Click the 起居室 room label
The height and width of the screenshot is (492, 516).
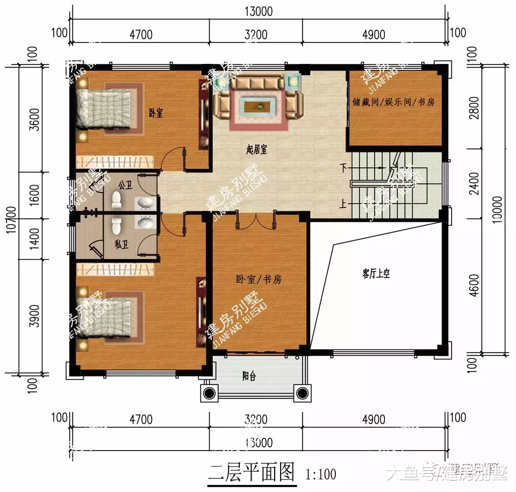(257, 151)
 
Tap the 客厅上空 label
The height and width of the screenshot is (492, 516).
(376, 274)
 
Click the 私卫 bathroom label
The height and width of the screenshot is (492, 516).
(121, 244)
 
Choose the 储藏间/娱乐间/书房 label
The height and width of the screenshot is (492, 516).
(393, 102)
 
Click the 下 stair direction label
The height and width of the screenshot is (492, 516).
(343, 168)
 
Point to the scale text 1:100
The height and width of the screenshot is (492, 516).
(321, 474)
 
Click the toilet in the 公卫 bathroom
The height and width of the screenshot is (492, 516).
(116, 201)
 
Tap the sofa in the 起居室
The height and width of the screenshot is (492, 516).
(257, 97)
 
